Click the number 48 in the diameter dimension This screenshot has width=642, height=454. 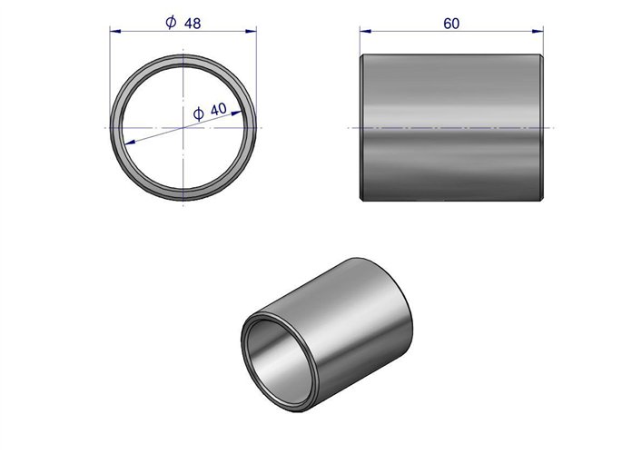193,24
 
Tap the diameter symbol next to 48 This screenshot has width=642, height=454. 171,22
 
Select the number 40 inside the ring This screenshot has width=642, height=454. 218,109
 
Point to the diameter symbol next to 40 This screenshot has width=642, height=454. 198,113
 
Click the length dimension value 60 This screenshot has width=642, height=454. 451,24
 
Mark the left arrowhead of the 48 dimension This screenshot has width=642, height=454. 115,31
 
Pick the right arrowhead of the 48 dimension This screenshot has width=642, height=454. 251,31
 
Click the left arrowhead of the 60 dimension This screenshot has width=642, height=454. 366,31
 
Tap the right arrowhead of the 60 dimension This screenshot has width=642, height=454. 538,31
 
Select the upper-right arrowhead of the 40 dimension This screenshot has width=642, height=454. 236,113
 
